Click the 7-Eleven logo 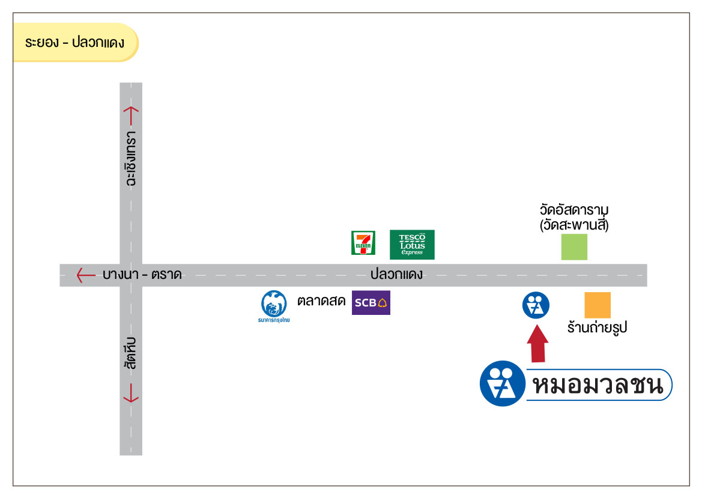pyautogui.click(x=363, y=242)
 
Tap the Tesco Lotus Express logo pyautogui.click(x=412, y=245)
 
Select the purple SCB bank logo pyautogui.click(x=371, y=302)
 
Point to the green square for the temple pyautogui.click(x=574, y=247)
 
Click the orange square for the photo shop pyautogui.click(x=598, y=305)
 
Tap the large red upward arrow pyautogui.click(x=537, y=344)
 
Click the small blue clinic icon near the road pyautogui.click(x=536, y=305)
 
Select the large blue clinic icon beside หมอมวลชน pyautogui.click(x=502, y=383)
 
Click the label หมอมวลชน pyautogui.click(x=597, y=385)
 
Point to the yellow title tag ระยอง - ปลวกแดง pyautogui.click(x=75, y=43)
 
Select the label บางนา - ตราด pyautogui.click(x=142, y=275)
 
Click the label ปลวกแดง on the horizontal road pyautogui.click(x=396, y=275)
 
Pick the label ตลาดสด pyautogui.click(x=321, y=301)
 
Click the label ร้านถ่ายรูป pyautogui.click(x=597, y=328)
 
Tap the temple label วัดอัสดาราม pyautogui.click(x=574, y=211)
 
